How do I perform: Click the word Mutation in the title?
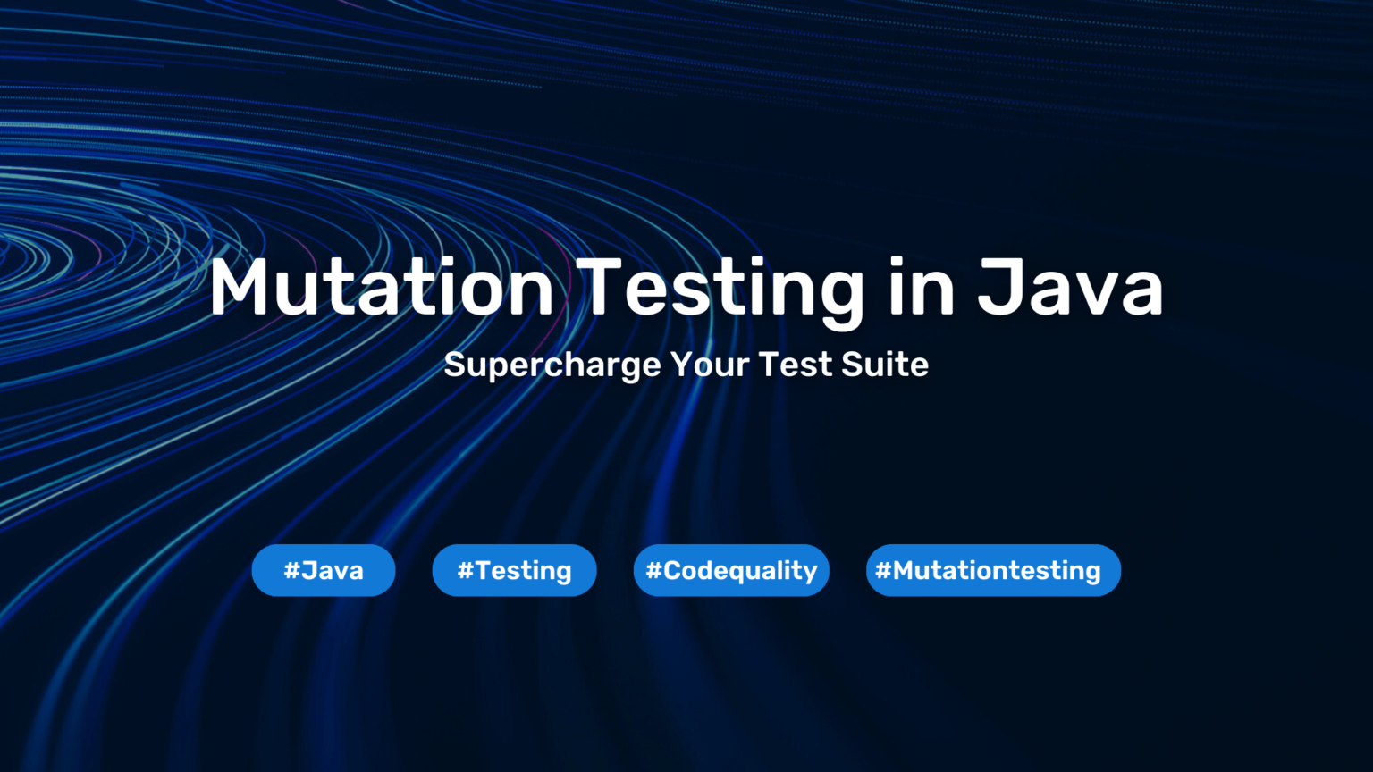(382, 286)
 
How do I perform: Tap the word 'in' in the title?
(922, 286)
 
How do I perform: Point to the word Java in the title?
(1070, 286)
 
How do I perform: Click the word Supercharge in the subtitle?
(552, 365)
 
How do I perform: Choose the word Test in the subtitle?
(795, 365)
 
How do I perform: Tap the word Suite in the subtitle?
(884, 365)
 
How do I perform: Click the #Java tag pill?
(324, 570)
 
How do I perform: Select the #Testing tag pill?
(514, 570)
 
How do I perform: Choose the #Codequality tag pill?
(731, 570)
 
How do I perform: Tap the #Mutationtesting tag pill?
(994, 570)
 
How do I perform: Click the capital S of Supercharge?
(455, 365)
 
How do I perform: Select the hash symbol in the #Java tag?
(291, 570)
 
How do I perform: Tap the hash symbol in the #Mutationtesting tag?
(882, 570)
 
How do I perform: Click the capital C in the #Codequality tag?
(672, 570)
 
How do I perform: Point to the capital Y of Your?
(681, 365)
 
